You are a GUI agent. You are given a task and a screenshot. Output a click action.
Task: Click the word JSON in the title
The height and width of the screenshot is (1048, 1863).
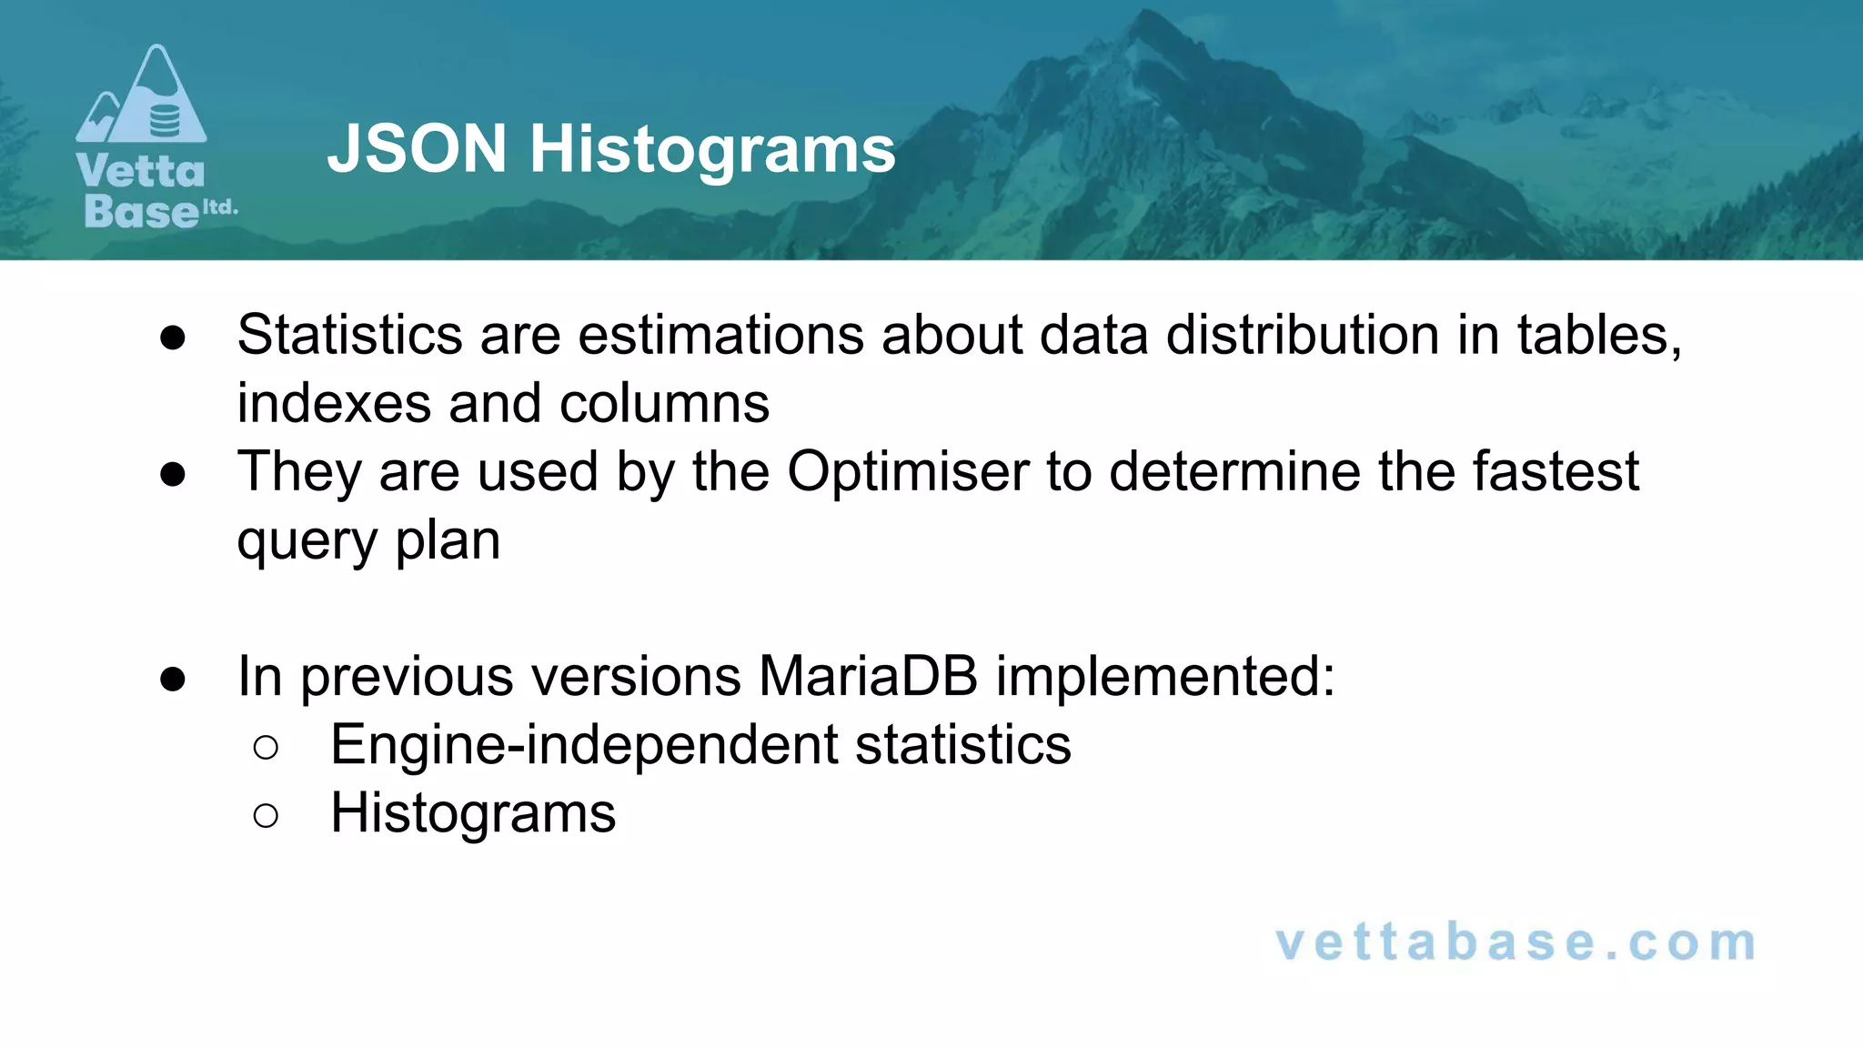(x=417, y=149)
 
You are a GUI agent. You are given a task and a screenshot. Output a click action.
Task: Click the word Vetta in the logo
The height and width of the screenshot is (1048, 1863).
(x=141, y=171)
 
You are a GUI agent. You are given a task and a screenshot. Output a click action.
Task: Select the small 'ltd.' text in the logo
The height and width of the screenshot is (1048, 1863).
(x=219, y=207)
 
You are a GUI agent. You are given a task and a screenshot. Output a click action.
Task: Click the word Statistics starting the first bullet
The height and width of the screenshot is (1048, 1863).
(x=349, y=335)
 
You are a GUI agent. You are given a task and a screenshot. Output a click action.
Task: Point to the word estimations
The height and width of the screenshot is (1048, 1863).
(x=720, y=335)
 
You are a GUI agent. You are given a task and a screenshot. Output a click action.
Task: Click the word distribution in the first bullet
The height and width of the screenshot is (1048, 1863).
(x=1303, y=335)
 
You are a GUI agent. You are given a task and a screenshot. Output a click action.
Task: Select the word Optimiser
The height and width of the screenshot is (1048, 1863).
(x=907, y=471)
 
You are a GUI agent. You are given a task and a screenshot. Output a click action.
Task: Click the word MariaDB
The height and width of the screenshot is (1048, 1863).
(x=868, y=676)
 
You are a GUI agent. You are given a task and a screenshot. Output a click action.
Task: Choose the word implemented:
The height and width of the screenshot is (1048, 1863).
(x=1165, y=676)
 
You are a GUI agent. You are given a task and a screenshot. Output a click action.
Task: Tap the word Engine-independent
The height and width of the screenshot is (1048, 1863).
(x=584, y=745)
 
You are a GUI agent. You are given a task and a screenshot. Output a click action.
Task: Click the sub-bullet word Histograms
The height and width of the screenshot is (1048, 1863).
(x=472, y=812)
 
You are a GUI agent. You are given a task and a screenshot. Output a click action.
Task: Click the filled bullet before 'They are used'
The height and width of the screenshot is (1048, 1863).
(x=172, y=474)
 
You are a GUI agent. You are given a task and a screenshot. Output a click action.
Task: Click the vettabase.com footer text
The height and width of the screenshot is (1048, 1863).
(x=1516, y=942)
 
